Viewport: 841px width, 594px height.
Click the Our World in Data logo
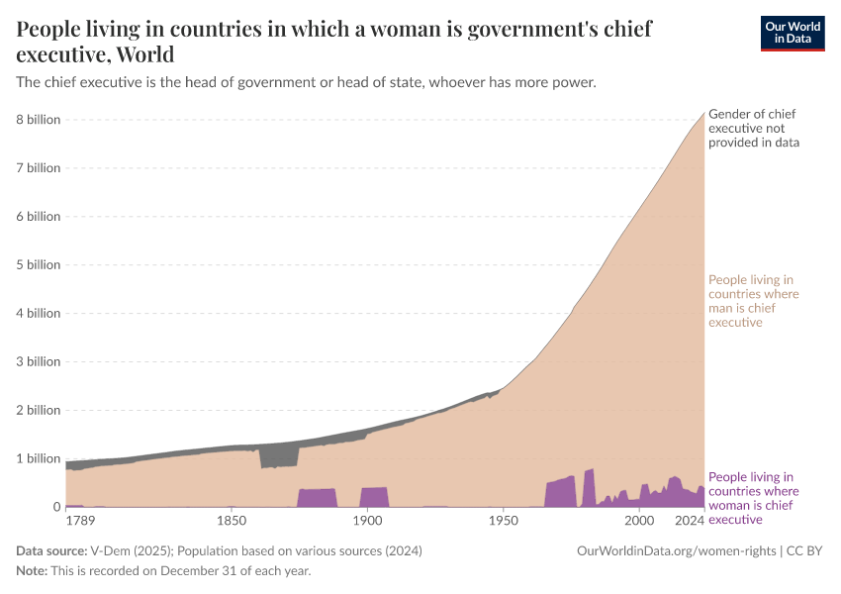click(x=792, y=33)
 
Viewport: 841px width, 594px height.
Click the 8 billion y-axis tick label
click(x=39, y=120)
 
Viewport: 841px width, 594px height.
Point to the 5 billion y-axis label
click(x=39, y=264)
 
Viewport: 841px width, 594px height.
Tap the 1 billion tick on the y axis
click(x=39, y=458)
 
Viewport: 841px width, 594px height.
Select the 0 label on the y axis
click(x=55, y=507)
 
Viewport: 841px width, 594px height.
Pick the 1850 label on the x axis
click(x=232, y=521)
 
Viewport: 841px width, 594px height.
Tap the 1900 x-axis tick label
click(x=367, y=521)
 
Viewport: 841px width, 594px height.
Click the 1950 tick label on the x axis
click(x=503, y=521)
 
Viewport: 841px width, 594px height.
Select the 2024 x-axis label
click(x=690, y=521)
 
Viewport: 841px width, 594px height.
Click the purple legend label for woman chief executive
click(x=753, y=498)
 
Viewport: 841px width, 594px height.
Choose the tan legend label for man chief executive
click(x=753, y=301)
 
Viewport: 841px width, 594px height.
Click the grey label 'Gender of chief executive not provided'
click(x=754, y=129)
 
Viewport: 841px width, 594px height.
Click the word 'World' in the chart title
click(x=144, y=53)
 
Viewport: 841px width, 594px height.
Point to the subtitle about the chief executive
click(x=307, y=83)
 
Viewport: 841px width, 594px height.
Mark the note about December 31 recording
click(x=164, y=571)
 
